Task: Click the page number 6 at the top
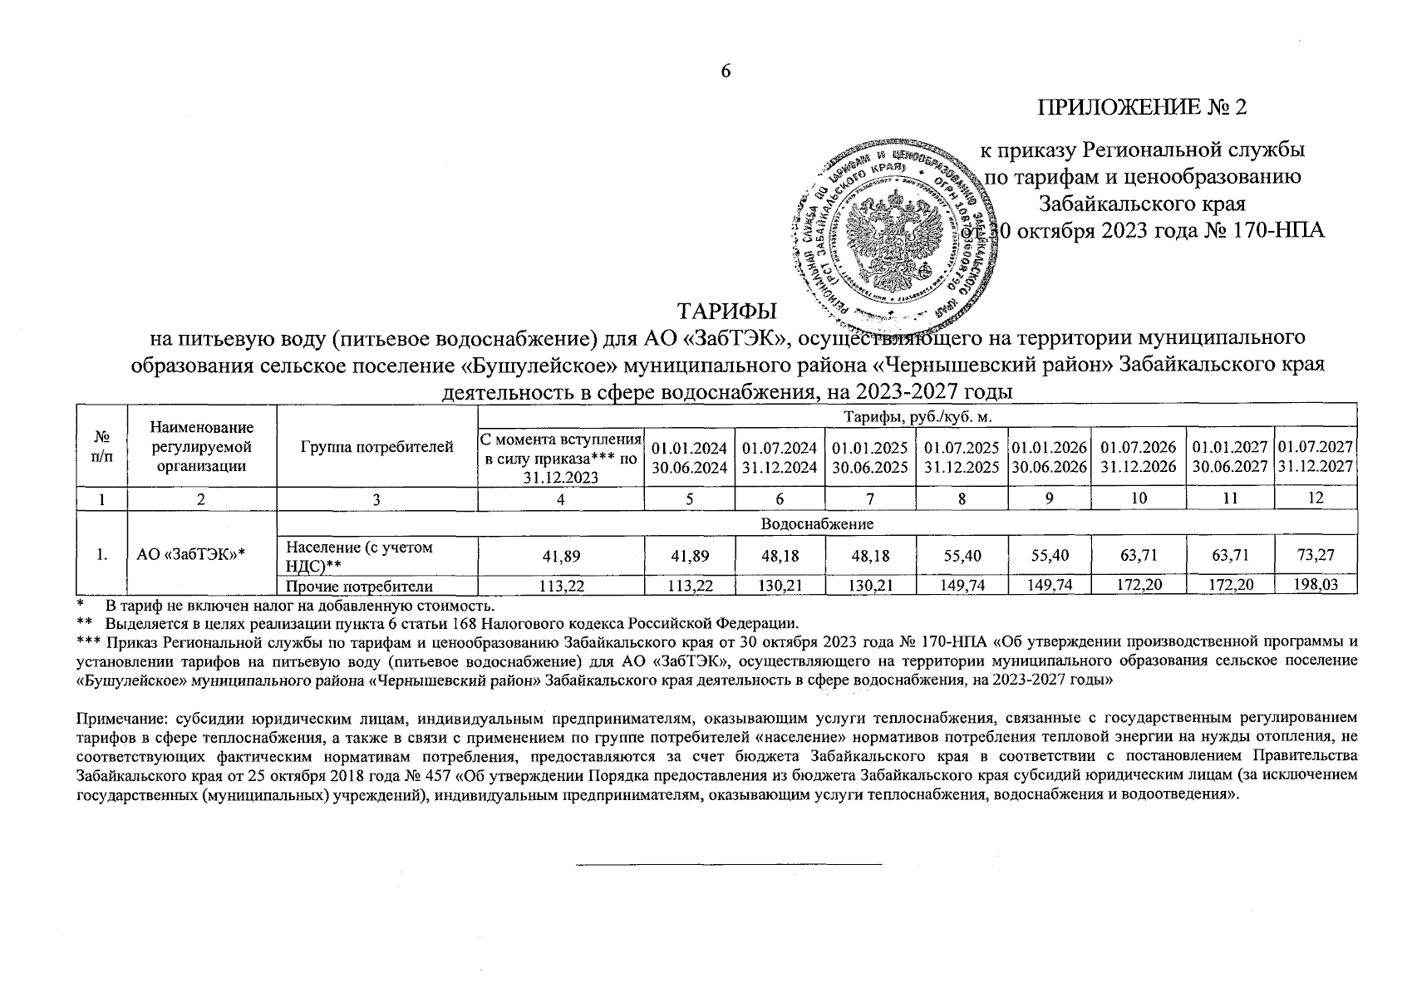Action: (725, 71)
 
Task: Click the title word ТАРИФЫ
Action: (727, 312)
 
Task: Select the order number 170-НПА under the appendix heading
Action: (1283, 230)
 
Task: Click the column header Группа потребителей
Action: (376, 447)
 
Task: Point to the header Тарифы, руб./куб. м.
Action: (918, 415)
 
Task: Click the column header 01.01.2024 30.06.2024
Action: (690, 457)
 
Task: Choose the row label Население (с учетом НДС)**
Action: (359, 555)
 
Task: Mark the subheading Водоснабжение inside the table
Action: (816, 524)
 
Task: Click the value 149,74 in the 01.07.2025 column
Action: (962, 585)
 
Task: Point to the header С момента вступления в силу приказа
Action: (561, 457)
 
